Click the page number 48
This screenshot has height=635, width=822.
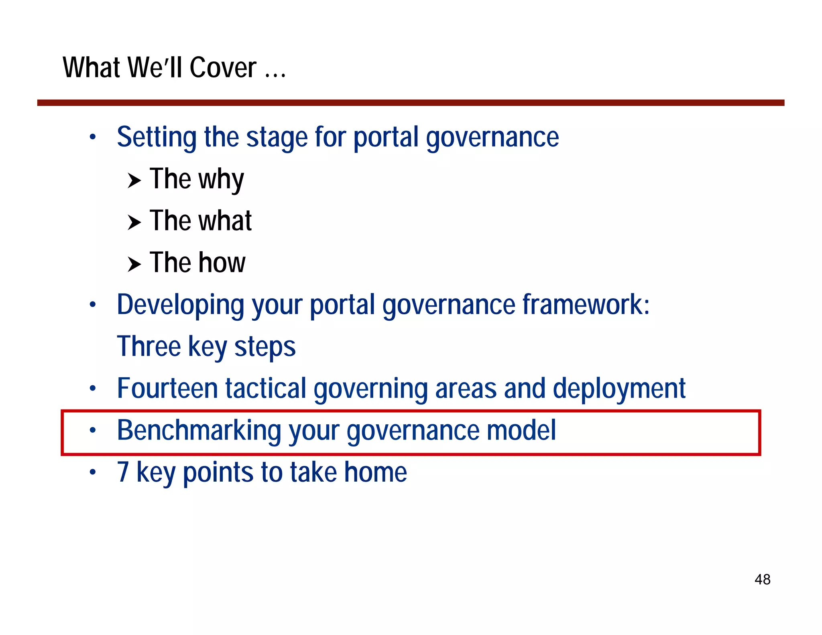pos(762,579)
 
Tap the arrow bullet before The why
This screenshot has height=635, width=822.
pos(134,181)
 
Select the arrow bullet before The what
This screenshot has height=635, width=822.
pos(134,222)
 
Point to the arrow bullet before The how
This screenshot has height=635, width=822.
pos(134,264)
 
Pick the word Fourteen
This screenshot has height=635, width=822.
pos(167,389)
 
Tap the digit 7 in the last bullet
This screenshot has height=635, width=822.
pos(123,472)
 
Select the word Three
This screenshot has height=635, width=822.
pos(149,346)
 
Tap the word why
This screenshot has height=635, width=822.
pos(221,180)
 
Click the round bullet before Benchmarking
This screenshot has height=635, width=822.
pos(93,430)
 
